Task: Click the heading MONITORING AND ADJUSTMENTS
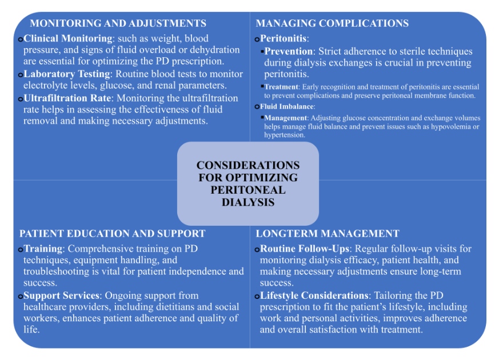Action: [x=118, y=23]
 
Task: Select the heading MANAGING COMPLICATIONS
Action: [x=332, y=23]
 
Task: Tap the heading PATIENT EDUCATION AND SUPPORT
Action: [x=113, y=233]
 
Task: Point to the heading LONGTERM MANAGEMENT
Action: [x=328, y=233]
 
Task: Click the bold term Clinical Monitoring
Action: [x=68, y=38]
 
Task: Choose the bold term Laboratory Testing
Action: [x=67, y=74]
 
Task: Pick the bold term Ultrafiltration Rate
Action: [x=67, y=98]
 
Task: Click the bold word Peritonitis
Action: [x=284, y=38]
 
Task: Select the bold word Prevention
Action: [x=289, y=51]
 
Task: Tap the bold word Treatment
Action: [x=281, y=87]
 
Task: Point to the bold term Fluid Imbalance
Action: [x=287, y=106]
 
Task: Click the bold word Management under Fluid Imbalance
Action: [x=286, y=118]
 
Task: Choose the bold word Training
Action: [x=43, y=249]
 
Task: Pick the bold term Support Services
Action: [x=61, y=296]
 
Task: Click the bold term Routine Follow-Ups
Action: [x=305, y=249]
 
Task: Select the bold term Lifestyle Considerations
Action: [x=314, y=296]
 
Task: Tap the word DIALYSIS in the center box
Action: [x=248, y=202]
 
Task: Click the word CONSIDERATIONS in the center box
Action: [x=248, y=165]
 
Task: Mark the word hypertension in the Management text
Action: [x=284, y=135]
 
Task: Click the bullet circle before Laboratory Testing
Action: [x=21, y=75]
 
